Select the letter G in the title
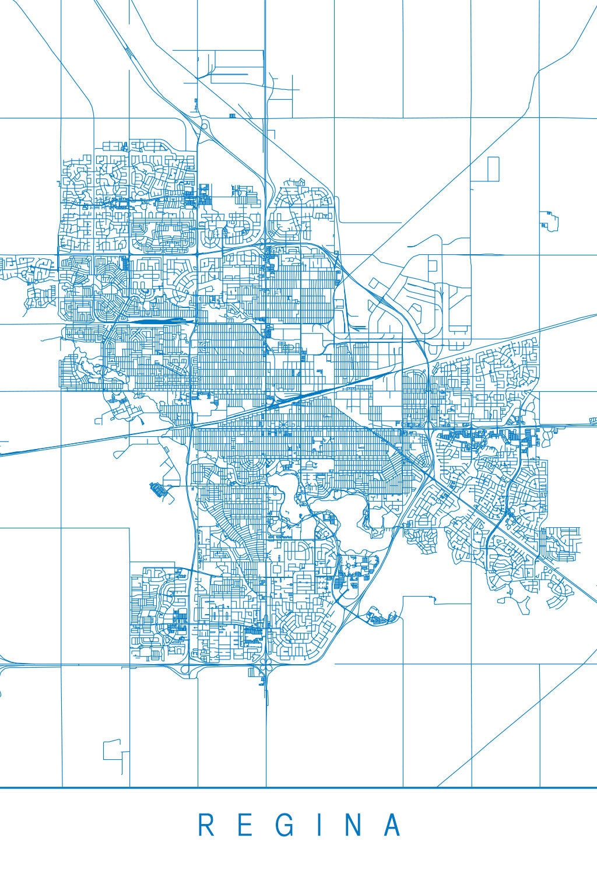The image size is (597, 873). pyautogui.click(x=285, y=825)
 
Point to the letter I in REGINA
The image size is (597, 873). pyautogui.click(x=321, y=825)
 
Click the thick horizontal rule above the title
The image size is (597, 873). pyautogui.click(x=298, y=788)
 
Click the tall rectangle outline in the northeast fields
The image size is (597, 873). pyautogui.click(x=493, y=168)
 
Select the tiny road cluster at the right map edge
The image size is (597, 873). pyautogui.click(x=593, y=420)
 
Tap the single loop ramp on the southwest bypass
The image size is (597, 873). pyautogui.click(x=184, y=669)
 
